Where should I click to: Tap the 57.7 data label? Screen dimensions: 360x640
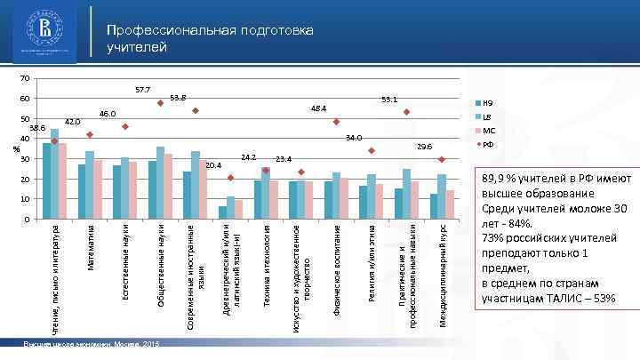[142, 90]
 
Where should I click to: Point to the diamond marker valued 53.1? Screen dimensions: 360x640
[406, 112]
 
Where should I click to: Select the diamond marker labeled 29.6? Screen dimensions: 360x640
[442, 159]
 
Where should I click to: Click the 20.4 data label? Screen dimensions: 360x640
[212, 165]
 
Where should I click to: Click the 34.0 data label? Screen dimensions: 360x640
[353, 138]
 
